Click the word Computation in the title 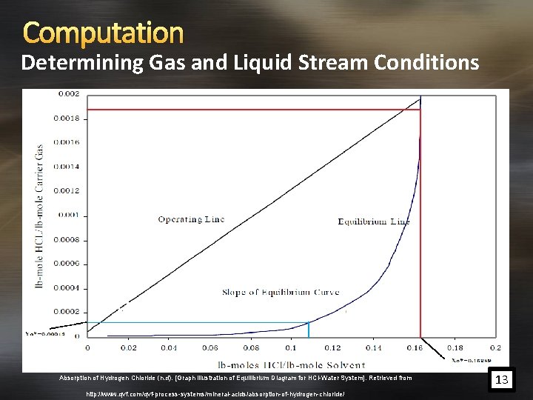103,32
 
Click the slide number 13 503,380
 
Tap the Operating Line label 191,219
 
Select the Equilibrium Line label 374,221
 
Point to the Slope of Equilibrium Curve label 281,292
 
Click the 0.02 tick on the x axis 128,347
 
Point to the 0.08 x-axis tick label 251,347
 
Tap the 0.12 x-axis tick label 332,347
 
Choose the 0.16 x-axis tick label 414,347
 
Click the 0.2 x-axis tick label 495,347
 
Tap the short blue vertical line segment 309,330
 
